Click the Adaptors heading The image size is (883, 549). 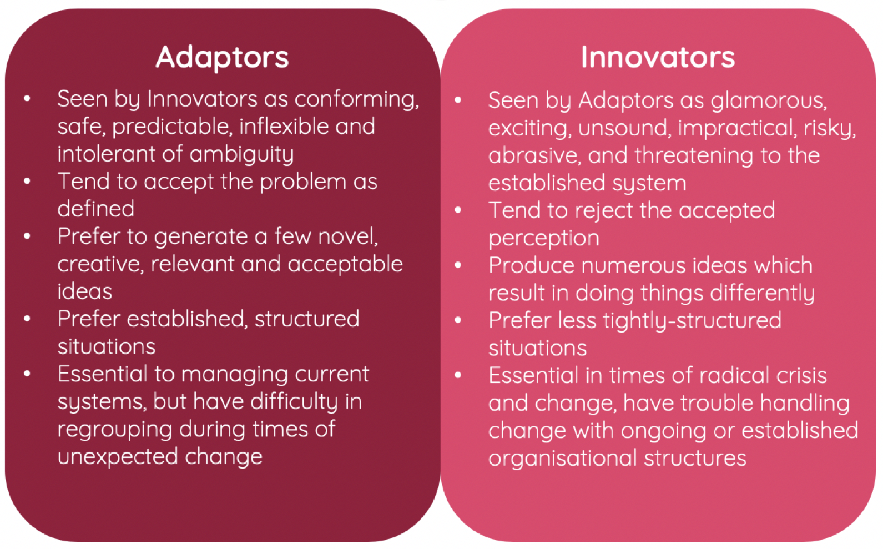[x=223, y=58]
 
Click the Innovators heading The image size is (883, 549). [x=658, y=57]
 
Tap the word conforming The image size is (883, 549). [x=357, y=99]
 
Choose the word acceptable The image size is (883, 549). [x=345, y=265]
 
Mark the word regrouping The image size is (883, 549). [x=115, y=430]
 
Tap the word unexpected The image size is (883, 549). [x=118, y=457]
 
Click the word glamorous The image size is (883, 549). [x=769, y=100]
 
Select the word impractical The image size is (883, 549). [x=737, y=129]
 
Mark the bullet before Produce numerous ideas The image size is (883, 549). [x=458, y=265]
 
